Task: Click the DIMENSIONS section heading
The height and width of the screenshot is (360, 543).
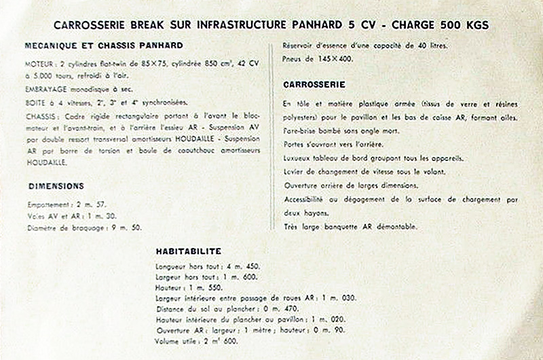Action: [x=56, y=185]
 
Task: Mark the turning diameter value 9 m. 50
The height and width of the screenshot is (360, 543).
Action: [x=126, y=228]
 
